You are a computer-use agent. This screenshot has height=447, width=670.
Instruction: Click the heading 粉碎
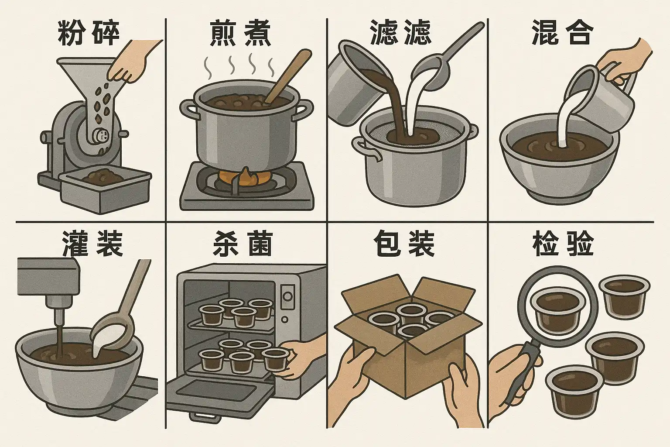(89, 33)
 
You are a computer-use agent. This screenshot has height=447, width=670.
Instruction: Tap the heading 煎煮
(240, 33)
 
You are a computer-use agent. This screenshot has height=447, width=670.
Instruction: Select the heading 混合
(562, 33)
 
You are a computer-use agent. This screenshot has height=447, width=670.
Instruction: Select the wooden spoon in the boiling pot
(287, 78)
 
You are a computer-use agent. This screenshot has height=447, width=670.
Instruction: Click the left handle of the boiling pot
(188, 110)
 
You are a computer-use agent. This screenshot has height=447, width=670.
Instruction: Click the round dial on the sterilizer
(288, 296)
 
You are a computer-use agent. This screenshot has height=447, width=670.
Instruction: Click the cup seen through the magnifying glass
(557, 311)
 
